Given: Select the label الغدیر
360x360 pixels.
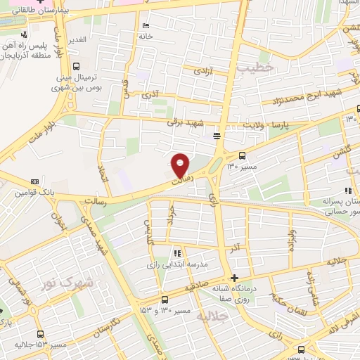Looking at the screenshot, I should pyautogui.click(x=76, y=39).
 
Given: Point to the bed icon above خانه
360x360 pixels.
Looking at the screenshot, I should pyautogui.click(x=146, y=26).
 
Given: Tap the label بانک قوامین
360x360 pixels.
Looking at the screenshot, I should pyautogui.click(x=34, y=192).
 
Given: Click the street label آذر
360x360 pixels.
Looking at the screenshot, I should pyautogui.click(x=236, y=248).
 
